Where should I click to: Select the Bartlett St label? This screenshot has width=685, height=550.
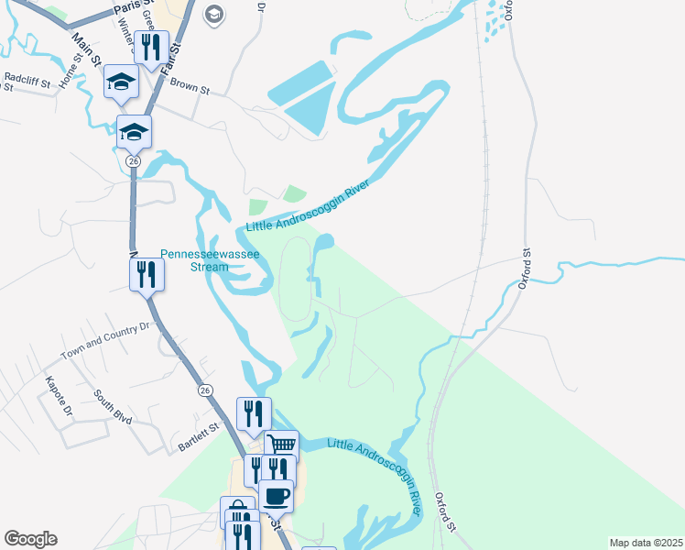[199, 439]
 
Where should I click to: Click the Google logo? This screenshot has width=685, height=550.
[30, 539]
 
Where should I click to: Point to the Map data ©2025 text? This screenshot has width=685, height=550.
[646, 542]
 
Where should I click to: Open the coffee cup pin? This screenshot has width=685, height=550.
[276, 496]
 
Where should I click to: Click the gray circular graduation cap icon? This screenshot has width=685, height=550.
[214, 13]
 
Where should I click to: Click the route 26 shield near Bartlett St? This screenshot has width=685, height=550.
[204, 390]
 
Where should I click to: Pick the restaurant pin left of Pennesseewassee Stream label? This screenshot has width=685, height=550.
[147, 273]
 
